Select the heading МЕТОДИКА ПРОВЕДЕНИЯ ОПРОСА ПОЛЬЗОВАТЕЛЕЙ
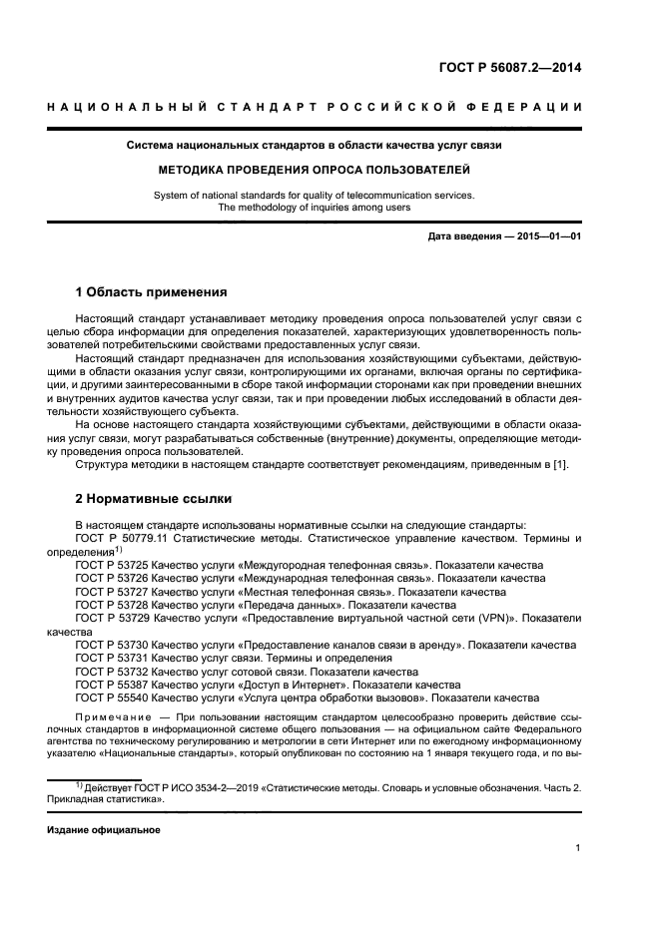[x=329, y=170]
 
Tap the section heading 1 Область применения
[x=152, y=293]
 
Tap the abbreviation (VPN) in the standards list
[x=482, y=618]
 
